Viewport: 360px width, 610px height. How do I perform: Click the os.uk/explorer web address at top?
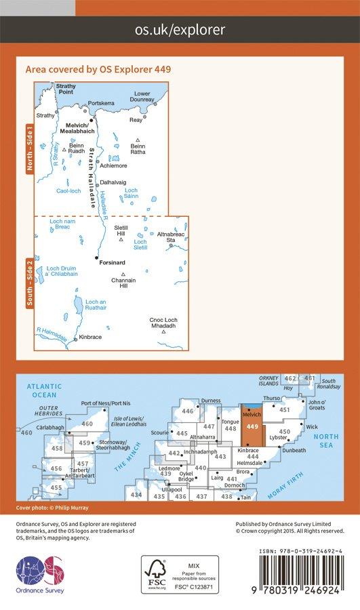point(180,29)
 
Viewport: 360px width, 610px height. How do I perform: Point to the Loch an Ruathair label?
point(96,306)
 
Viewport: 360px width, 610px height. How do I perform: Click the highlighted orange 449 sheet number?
point(252,427)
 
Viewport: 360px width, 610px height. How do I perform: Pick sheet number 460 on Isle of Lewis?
point(87,424)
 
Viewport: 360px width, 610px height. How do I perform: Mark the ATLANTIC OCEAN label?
point(45,390)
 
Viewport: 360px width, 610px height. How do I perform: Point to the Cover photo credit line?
point(52,508)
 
